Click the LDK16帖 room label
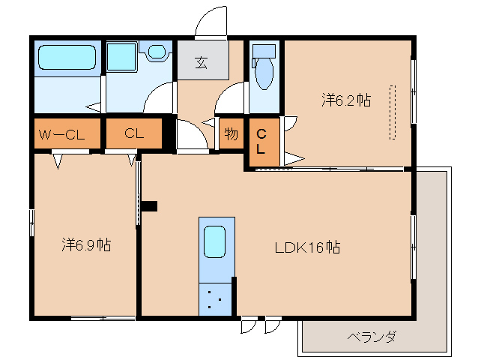click(x=307, y=247)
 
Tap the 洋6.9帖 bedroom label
click(x=86, y=244)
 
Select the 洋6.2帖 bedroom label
click(x=346, y=100)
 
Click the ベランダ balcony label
click(x=372, y=337)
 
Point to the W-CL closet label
click(x=62, y=134)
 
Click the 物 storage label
click(x=232, y=133)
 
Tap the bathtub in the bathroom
click(x=67, y=57)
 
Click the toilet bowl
click(x=264, y=73)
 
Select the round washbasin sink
click(x=157, y=52)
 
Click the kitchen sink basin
click(x=214, y=241)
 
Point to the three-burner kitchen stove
click(x=215, y=299)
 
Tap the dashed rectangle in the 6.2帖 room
click(x=393, y=112)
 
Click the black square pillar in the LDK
click(x=149, y=206)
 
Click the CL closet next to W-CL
click(x=134, y=133)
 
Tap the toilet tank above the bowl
click(x=264, y=51)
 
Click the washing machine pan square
click(x=121, y=58)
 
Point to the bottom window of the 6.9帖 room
click(x=103, y=319)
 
